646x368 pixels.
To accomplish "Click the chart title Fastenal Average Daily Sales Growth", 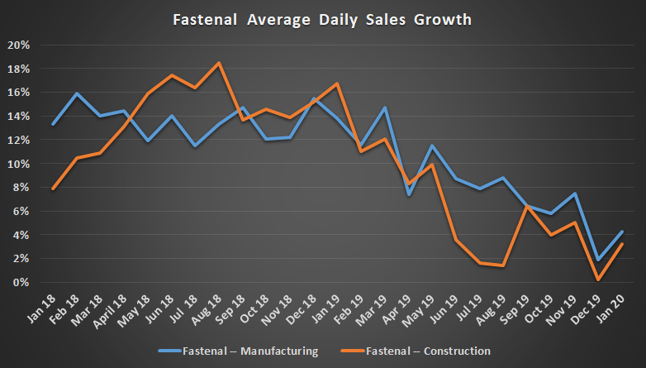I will pos(323,17).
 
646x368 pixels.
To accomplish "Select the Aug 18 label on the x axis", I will pos(211,308).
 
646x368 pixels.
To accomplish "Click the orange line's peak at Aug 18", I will pos(219,63).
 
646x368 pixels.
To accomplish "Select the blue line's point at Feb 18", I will pos(77,93).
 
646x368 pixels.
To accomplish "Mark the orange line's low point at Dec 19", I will pos(599,280).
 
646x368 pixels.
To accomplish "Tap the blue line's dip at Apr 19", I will pos(409,194).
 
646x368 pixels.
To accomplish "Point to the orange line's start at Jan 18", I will pos(53,189).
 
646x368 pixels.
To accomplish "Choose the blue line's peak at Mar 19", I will pos(385,108).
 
